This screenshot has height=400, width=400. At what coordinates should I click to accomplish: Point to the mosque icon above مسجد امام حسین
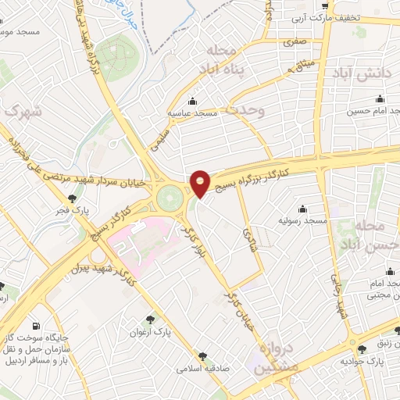point(380,99)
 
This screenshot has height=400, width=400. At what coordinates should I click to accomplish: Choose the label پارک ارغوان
point(151,331)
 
